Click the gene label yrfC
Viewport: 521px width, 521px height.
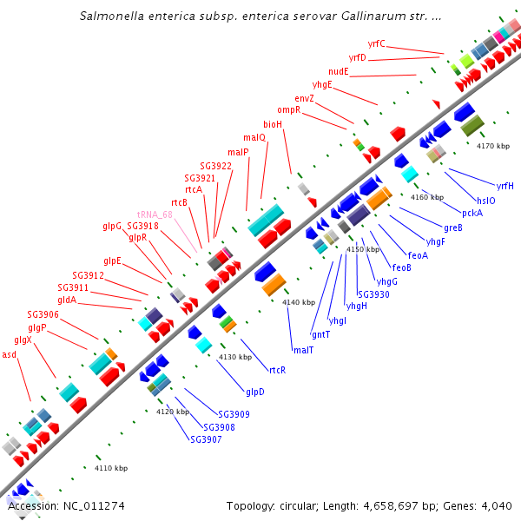[x=376, y=43]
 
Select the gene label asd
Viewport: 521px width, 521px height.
[x=10, y=354]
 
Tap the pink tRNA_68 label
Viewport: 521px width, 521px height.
[x=155, y=214]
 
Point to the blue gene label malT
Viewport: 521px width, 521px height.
[x=303, y=350]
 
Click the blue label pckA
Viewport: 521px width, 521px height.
[x=472, y=213]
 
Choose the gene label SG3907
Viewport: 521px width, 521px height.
[x=206, y=439]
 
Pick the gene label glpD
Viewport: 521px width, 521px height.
[x=254, y=392]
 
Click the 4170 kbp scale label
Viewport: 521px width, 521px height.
[x=491, y=146]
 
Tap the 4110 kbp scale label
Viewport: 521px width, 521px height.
[x=110, y=468]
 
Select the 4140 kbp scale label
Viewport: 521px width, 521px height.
[x=297, y=302]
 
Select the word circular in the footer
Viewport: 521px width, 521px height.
[x=304, y=506]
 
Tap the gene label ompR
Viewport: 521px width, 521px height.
[x=288, y=110]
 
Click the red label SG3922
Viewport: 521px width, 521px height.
[x=215, y=166]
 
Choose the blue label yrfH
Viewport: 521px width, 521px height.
[x=505, y=186]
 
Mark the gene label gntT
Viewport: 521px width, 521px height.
[x=320, y=334]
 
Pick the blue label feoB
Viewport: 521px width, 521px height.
[x=402, y=267]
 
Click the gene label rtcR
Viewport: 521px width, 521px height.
[x=277, y=369]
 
